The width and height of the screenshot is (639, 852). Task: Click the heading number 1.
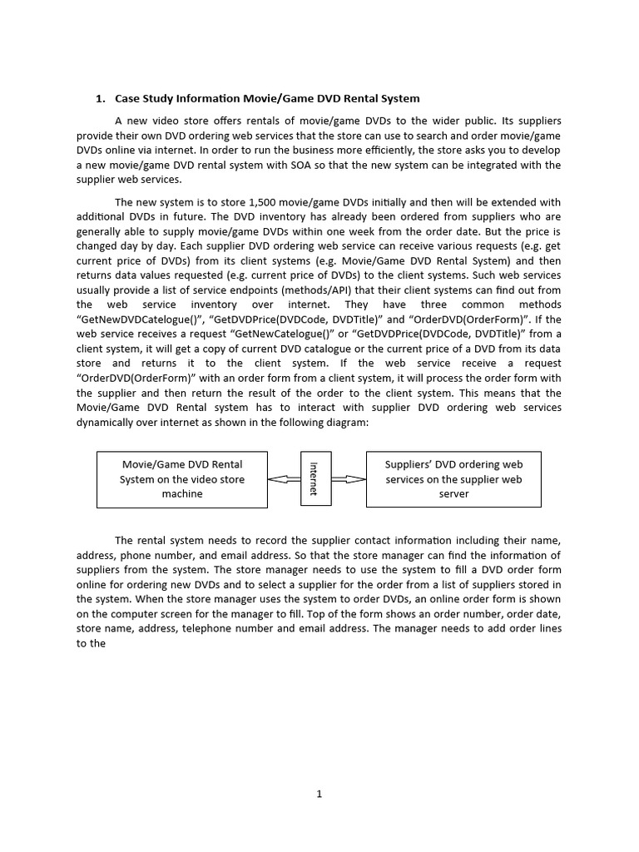point(100,99)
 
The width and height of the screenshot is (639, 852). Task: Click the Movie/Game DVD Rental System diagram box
point(182,479)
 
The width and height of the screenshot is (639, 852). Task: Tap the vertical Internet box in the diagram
point(315,479)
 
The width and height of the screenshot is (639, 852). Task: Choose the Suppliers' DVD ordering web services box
point(453,479)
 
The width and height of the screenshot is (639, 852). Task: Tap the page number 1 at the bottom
point(319,794)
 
